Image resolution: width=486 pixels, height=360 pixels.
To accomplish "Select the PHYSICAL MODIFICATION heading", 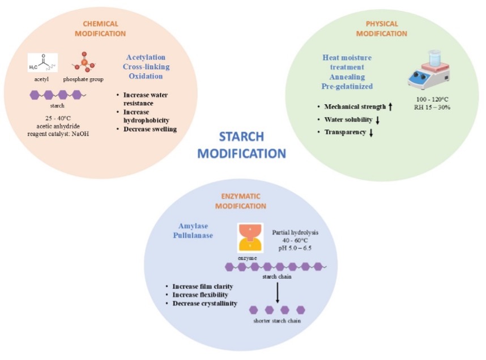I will point(381,28).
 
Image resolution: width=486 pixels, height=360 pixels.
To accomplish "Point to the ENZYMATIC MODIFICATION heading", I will point(241,200).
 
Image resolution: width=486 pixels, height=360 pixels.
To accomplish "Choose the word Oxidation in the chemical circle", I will point(146,76).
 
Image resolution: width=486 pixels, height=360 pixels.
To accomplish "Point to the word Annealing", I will point(346,77).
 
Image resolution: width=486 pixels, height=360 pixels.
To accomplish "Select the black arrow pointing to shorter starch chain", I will point(278,293).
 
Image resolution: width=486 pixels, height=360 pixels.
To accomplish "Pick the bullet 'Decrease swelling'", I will point(150,129).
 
